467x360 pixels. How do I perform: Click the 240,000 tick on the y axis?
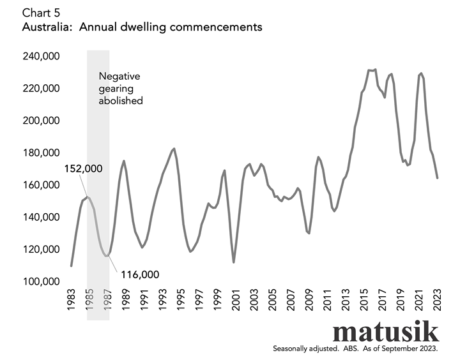pyautogui.click(x=42, y=56)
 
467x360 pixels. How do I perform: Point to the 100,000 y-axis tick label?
pyautogui.click(x=42, y=281)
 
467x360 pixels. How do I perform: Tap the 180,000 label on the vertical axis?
pyautogui.click(x=42, y=153)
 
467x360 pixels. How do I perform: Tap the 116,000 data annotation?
pyautogui.click(x=138, y=274)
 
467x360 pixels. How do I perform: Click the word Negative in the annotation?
pyautogui.click(x=119, y=76)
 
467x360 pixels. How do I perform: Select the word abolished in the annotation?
pyautogui.click(x=120, y=100)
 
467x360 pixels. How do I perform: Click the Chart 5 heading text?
pyautogui.click(x=40, y=13)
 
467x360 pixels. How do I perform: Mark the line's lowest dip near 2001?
pyautogui.click(x=234, y=262)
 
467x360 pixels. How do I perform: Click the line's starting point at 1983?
pyautogui.click(x=71, y=266)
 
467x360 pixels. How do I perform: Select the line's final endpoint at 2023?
pyautogui.click(x=438, y=178)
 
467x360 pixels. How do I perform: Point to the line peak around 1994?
pyautogui.click(x=174, y=149)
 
